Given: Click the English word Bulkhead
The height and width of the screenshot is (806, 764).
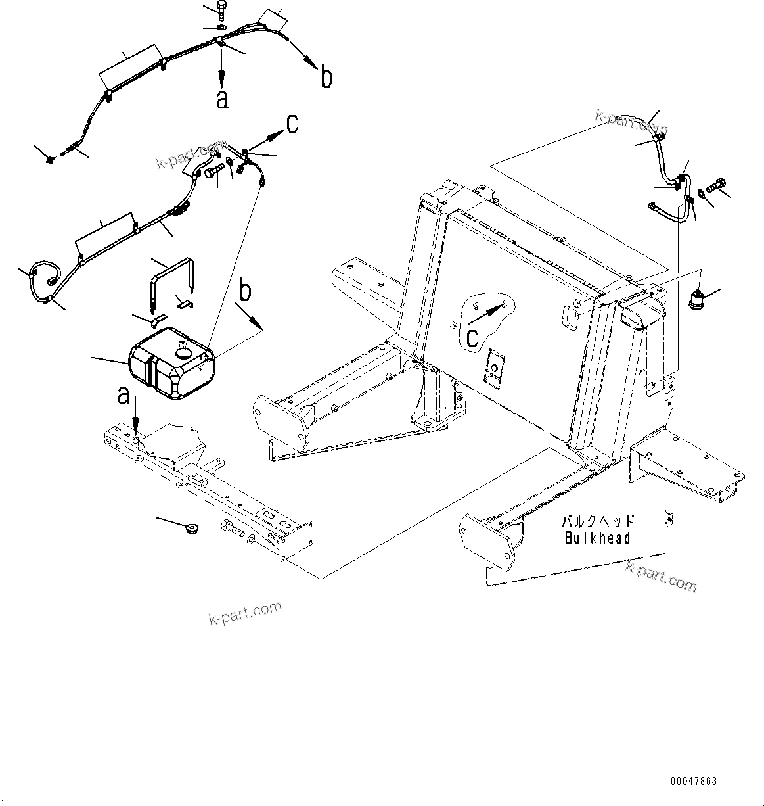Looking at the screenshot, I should [598, 538].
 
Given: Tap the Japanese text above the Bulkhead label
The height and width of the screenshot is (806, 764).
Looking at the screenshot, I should [598, 521].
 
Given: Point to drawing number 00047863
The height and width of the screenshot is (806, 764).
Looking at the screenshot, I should [694, 782].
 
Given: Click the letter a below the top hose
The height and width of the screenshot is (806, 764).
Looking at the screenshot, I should [223, 99].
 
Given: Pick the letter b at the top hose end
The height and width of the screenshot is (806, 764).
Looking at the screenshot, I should [326, 78].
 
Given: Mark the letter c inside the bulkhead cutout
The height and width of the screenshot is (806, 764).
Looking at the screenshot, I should [472, 337].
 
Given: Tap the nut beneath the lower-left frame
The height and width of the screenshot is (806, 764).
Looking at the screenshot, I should [192, 527].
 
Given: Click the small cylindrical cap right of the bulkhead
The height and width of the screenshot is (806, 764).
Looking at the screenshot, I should [694, 301].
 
